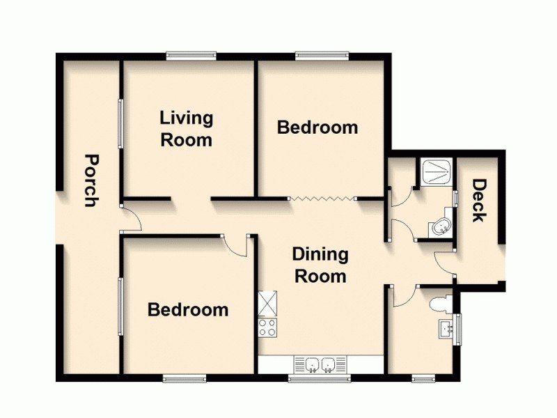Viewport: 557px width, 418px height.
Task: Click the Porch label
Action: click(x=89, y=180)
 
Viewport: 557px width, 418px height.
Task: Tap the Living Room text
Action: click(x=186, y=128)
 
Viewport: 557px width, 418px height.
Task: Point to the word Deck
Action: click(x=479, y=201)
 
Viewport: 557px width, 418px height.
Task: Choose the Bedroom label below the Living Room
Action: click(x=188, y=309)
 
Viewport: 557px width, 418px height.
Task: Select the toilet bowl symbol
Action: click(x=439, y=304)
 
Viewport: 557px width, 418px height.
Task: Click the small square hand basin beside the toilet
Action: click(x=446, y=329)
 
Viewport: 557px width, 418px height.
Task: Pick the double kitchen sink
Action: click(x=321, y=364)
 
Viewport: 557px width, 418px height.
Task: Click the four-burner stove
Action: click(x=267, y=327)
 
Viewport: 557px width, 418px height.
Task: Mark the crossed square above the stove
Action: click(x=267, y=303)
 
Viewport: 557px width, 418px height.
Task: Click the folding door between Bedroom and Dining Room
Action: click(x=322, y=199)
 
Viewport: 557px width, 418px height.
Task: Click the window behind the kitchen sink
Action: click(x=320, y=379)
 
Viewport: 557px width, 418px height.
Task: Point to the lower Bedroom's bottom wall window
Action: click(x=185, y=379)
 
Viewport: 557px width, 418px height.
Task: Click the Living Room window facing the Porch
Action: click(x=120, y=123)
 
